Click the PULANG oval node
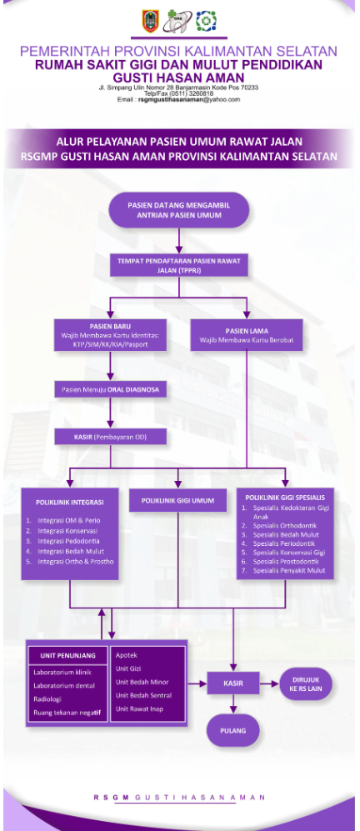point(233,730)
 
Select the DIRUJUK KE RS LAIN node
point(307,683)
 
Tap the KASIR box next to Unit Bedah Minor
point(232,683)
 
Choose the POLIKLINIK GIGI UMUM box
point(178,501)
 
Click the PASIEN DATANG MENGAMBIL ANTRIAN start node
point(180,208)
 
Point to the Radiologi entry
point(47,698)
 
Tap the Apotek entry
point(127,656)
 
